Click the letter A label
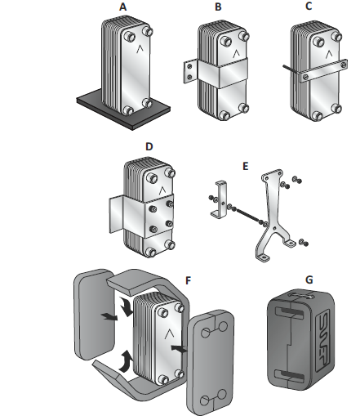point(123,7)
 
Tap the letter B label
point(218,7)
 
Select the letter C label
point(309,6)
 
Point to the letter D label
point(149,146)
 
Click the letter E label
point(245,166)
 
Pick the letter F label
point(188,280)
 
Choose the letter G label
point(309,280)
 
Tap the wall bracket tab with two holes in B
point(189,71)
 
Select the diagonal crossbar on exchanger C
point(323,71)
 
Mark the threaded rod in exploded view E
point(247,215)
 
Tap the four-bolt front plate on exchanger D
point(159,217)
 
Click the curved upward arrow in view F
point(127,360)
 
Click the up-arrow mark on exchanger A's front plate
point(140,49)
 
